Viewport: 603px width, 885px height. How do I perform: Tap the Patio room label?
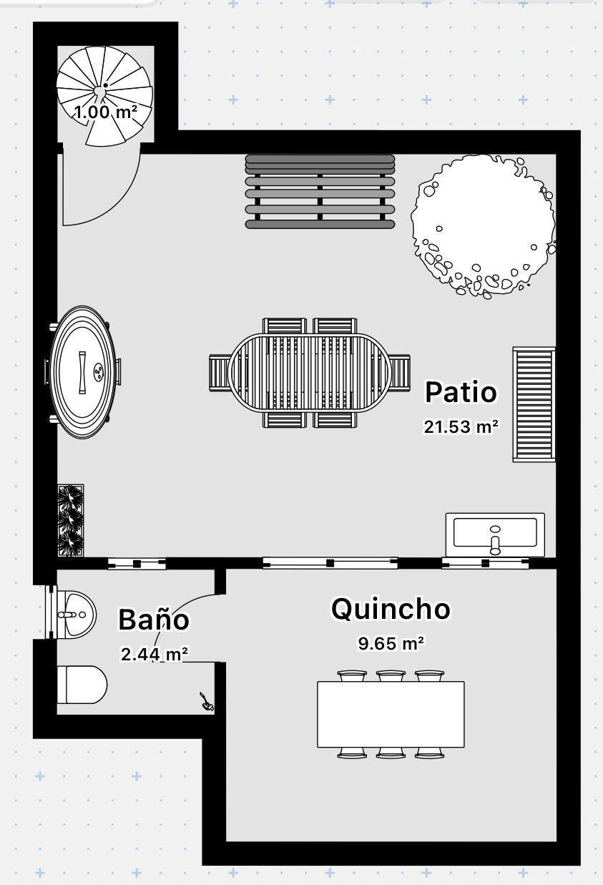(461, 392)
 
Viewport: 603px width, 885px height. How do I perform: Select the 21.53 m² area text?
(461, 426)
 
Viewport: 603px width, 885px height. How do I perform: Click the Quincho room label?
(391, 610)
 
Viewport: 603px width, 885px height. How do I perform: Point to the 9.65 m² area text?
(391, 643)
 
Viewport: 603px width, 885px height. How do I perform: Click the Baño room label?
(154, 619)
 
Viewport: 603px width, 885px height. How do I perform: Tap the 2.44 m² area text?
(154, 654)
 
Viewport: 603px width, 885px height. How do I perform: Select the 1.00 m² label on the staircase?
(106, 112)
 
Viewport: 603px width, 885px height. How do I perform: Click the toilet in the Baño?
(82, 685)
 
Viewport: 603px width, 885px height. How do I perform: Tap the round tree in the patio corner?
(483, 226)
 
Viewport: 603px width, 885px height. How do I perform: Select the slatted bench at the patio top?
(320, 192)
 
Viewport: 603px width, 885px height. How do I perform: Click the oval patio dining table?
(310, 373)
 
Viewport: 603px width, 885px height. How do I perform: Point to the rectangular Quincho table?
(391, 714)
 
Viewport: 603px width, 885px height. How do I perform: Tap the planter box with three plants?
(71, 520)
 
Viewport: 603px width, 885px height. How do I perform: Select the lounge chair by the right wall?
(534, 404)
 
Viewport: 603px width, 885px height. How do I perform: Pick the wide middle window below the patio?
(330, 563)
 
